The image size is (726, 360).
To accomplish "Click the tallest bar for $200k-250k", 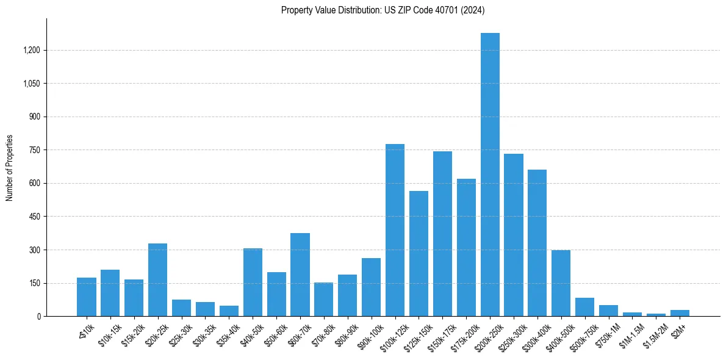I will click(490, 175).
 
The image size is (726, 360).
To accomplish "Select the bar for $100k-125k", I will click(395, 230).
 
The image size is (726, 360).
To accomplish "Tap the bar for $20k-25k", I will click(157, 279).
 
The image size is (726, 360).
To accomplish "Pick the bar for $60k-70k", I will click(300, 275).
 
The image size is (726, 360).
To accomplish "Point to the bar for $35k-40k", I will click(229, 311).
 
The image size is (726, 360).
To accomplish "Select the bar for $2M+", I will click(680, 313).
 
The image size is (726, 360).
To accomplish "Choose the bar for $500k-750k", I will click(585, 307).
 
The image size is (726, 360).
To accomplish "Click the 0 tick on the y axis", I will click(39, 317).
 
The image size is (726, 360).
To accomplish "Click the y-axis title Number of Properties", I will click(9, 167).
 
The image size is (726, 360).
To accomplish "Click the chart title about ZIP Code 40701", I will click(383, 10).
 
